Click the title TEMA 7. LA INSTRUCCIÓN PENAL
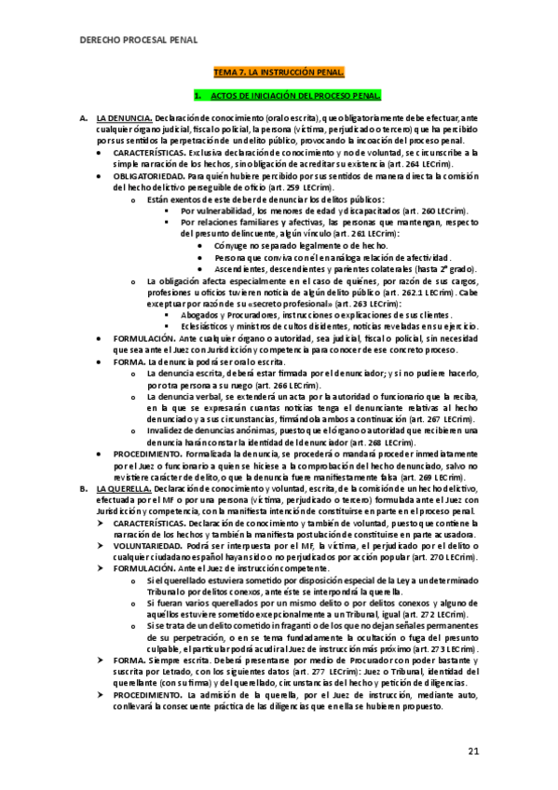(279, 72)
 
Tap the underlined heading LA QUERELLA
(125, 487)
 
